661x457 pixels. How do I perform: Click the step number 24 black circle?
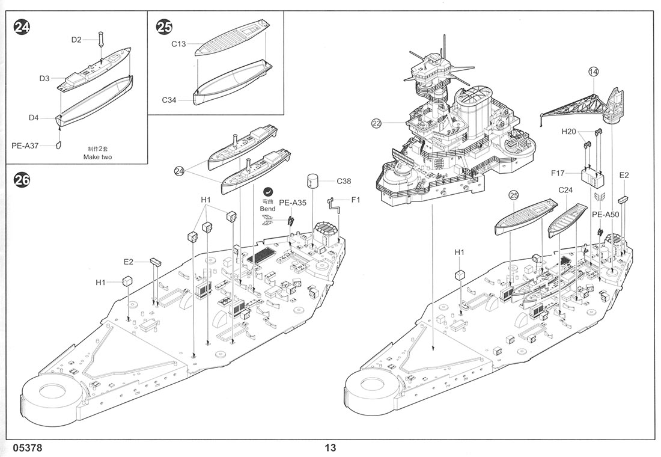point(22,27)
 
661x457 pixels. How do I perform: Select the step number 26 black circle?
point(22,179)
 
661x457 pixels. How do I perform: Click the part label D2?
point(76,40)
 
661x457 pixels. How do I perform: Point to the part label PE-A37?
point(26,145)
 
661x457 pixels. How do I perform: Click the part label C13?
point(178,43)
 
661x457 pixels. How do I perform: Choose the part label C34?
point(169,100)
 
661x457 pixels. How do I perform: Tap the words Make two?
point(98,157)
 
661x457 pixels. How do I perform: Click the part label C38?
point(344,181)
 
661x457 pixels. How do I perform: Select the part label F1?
point(355,200)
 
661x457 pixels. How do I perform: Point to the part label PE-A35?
point(293,203)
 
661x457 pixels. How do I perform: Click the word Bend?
point(268,209)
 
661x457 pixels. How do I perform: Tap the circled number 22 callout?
point(377,124)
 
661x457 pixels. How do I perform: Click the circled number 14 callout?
point(594,72)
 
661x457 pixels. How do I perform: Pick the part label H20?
point(568,131)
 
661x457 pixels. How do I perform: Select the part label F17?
point(558,174)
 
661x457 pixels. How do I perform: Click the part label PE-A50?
point(605,214)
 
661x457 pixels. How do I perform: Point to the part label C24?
point(565,191)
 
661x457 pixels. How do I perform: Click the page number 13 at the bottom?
point(330,448)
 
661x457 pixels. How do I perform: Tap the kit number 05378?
point(26,448)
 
